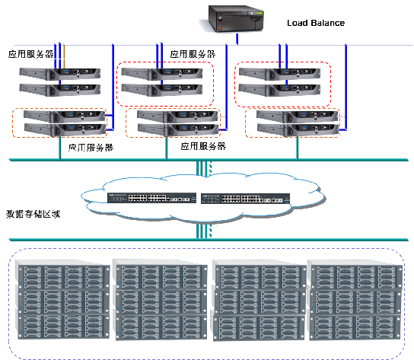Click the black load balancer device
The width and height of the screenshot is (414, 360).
click(236, 18)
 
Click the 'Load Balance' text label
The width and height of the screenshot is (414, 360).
click(316, 23)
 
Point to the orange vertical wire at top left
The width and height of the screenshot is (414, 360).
click(64, 56)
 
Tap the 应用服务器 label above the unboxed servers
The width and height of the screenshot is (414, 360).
click(31, 54)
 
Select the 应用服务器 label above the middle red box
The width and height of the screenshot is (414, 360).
click(193, 54)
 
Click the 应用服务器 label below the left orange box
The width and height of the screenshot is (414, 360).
click(91, 148)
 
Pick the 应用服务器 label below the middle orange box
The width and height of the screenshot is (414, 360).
click(203, 146)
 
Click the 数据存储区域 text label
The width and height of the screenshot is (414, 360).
click(33, 214)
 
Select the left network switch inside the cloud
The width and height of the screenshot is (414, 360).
click(151, 198)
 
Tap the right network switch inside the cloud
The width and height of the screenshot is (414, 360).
click(246, 199)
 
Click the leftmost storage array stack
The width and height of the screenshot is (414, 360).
click(63, 299)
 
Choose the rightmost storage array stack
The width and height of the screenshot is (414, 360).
click(355, 300)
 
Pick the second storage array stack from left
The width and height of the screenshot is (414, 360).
click(161, 300)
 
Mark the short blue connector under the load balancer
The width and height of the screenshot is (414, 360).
click(237, 39)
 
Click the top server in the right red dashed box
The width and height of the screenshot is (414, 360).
click(279, 74)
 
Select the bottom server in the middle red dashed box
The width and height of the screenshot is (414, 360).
click(162, 90)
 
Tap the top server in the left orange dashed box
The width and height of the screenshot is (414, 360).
click(65, 116)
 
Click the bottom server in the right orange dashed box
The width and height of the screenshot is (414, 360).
click(298, 130)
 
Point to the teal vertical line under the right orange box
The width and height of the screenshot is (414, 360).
click(298, 148)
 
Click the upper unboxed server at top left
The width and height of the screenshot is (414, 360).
click(60, 74)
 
